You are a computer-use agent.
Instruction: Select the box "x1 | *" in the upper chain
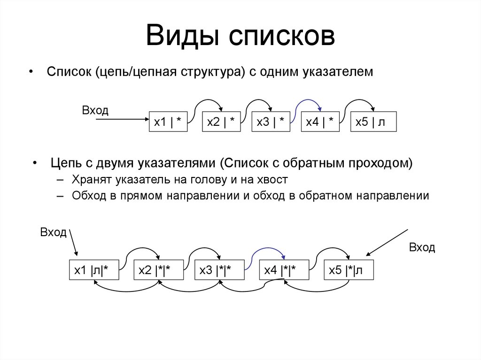pyautogui.click(x=168, y=122)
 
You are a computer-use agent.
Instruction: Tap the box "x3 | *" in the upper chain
pyautogui.click(x=271, y=122)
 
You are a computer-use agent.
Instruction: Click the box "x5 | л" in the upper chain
pyautogui.click(x=373, y=122)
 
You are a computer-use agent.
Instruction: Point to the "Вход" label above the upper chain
pyautogui.click(x=95, y=111)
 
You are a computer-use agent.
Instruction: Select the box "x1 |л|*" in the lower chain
pyautogui.click(x=92, y=270)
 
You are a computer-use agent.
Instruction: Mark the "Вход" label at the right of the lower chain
pyautogui.click(x=422, y=248)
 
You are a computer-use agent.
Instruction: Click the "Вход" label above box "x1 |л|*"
pyautogui.click(x=54, y=233)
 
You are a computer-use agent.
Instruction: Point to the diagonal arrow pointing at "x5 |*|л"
pyautogui.click(x=388, y=243)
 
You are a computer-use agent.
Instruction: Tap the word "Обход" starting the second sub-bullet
pyautogui.click(x=86, y=196)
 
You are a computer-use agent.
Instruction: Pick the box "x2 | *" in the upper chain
pyautogui.click(x=221, y=122)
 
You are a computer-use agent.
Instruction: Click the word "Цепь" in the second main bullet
pyautogui.click(x=65, y=163)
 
